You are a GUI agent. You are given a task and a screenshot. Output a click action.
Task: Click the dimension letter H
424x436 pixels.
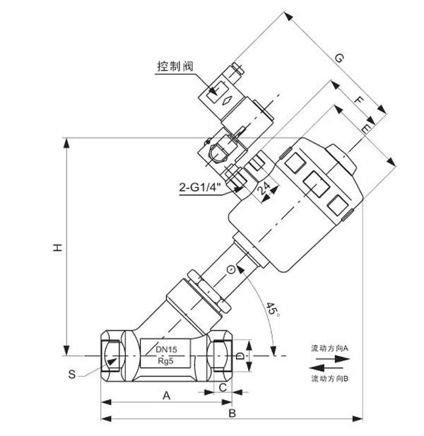click(x=59, y=247)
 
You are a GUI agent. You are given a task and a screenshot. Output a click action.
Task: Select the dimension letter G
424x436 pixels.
click(x=338, y=59)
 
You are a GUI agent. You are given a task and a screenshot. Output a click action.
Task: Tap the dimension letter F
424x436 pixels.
click(x=359, y=102)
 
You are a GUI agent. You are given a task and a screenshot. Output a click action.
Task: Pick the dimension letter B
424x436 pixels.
click(x=232, y=413)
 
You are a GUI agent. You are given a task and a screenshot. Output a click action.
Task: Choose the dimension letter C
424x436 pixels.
click(x=223, y=387)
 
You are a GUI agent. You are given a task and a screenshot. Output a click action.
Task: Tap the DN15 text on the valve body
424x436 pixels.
click(x=167, y=349)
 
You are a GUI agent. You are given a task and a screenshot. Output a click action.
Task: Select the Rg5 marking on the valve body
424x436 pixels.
click(x=167, y=362)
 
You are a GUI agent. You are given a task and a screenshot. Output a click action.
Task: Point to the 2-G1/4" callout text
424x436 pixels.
click(x=200, y=188)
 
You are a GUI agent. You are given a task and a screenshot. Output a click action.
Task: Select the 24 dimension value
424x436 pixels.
click(x=263, y=188)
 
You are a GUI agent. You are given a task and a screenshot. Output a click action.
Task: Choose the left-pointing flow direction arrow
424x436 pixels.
click(x=328, y=368)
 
